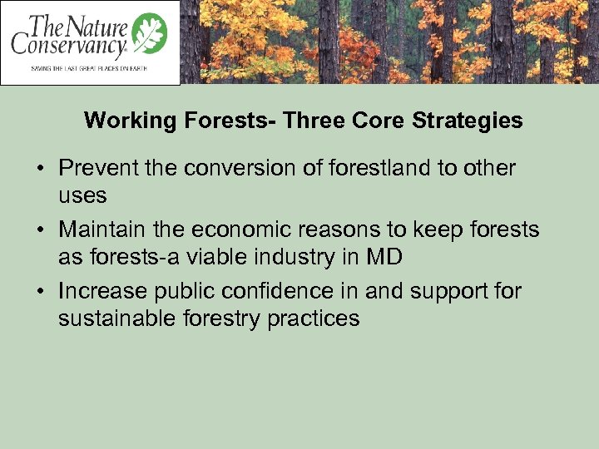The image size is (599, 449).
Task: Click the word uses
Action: click(82, 196)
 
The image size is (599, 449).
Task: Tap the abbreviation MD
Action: click(384, 257)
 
